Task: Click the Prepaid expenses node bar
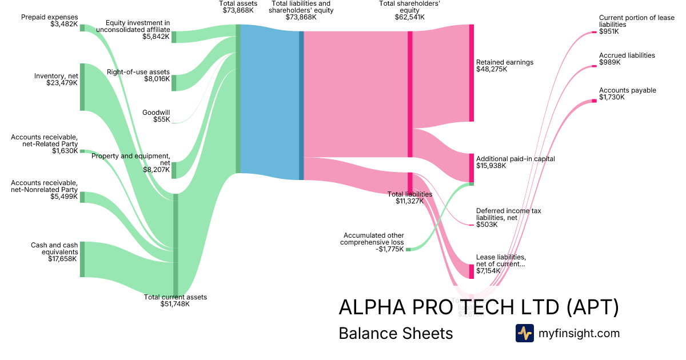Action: tap(82, 28)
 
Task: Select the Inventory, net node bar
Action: tap(82, 87)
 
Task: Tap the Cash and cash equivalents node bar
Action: tap(82, 259)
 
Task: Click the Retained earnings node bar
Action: tap(472, 73)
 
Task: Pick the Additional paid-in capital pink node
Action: tap(472, 167)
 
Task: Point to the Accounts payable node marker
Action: tap(594, 101)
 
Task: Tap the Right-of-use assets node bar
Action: tap(174, 83)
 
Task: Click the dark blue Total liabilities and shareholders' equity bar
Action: tap(301, 106)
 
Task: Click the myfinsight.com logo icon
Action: tap(524, 333)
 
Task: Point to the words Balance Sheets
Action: tap(396, 333)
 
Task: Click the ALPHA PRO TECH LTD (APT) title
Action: tap(478, 307)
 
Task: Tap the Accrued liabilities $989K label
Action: tap(627, 59)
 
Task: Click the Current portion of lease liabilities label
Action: tap(636, 25)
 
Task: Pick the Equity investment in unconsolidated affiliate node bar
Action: tap(174, 37)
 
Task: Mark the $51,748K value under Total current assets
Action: tap(175, 304)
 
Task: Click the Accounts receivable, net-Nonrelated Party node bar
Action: tap(82, 197)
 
